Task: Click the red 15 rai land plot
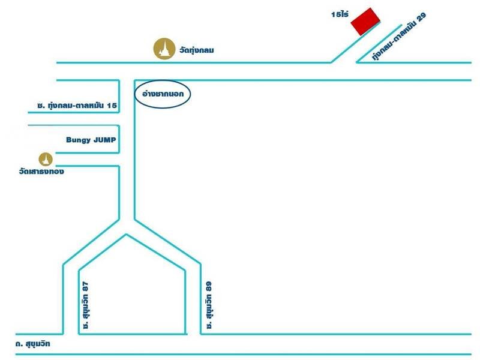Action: pyautogui.click(x=365, y=22)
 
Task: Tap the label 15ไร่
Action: pyautogui.click(x=340, y=14)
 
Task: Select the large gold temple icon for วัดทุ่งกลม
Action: pyautogui.click(x=164, y=49)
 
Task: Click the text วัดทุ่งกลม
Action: pyautogui.click(x=197, y=50)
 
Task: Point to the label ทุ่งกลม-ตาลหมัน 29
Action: pyautogui.click(x=398, y=37)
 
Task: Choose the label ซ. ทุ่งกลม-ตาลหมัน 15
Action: pyautogui.click(x=77, y=106)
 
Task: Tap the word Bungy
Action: pyautogui.click(x=79, y=140)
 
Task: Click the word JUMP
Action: pyautogui.click(x=104, y=140)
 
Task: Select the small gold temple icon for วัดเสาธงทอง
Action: pyautogui.click(x=46, y=159)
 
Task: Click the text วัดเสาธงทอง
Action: pyautogui.click(x=41, y=172)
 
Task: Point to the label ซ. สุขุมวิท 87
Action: pyautogui.click(x=85, y=305)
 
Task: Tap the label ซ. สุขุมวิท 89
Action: pyautogui.click(x=209, y=305)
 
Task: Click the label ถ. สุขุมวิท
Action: pyautogui.click(x=33, y=344)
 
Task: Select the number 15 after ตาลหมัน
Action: pyautogui.click(x=112, y=106)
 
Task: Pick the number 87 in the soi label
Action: pyautogui.click(x=85, y=287)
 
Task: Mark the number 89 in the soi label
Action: pyautogui.click(x=209, y=287)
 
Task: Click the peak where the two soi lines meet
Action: pyautogui.click(x=126, y=235)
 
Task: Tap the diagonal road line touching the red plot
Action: pyautogui.click(x=355, y=43)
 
